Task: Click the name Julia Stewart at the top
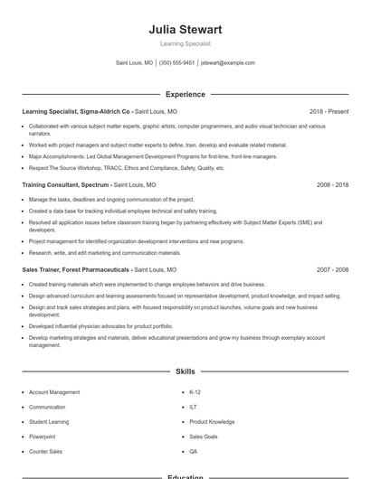[185, 30]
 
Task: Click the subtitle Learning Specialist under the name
[185, 43]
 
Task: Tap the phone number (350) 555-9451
[176, 63]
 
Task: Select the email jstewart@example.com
[228, 63]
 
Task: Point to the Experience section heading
[185, 94]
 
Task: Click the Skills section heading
[185, 371]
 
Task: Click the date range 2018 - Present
[328, 112]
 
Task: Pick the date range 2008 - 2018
[332, 184]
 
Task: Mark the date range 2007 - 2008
[332, 270]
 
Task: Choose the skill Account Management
[54, 392]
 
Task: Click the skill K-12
[195, 392]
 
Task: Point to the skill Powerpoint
[44, 437]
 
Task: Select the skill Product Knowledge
[212, 422]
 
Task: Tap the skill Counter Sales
[45, 451]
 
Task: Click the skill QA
[193, 451]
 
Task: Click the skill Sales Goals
[204, 437]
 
